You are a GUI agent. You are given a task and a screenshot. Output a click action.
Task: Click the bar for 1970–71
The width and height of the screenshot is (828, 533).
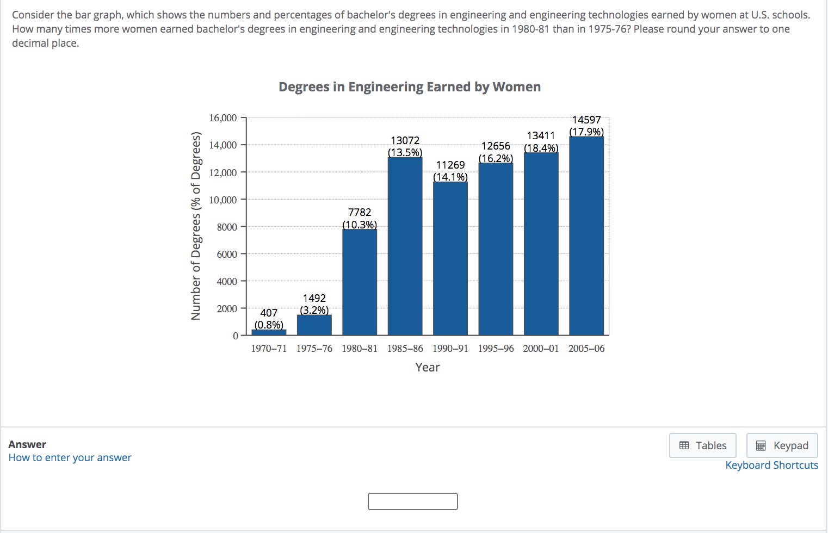(x=269, y=332)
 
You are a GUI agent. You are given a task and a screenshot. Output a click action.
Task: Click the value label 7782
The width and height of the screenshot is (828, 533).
(x=360, y=212)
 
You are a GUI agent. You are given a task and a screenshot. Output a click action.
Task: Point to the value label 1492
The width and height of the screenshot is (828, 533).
(x=314, y=298)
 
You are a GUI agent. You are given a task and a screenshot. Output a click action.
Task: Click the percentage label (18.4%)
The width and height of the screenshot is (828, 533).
(x=541, y=148)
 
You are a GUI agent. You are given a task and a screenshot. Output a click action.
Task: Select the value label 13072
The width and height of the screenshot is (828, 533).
(x=405, y=140)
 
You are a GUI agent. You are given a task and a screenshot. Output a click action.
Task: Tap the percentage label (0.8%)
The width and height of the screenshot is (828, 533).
(x=269, y=325)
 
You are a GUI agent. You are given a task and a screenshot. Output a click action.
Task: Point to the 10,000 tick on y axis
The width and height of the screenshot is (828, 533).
(x=223, y=200)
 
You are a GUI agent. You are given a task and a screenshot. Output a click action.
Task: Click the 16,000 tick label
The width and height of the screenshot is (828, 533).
(x=223, y=118)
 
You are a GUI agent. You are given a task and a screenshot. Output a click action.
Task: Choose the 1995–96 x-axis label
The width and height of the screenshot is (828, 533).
(x=496, y=349)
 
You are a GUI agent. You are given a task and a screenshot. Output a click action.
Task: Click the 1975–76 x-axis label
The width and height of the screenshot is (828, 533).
(x=314, y=349)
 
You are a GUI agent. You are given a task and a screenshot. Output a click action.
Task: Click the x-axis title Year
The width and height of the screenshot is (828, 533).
(x=428, y=367)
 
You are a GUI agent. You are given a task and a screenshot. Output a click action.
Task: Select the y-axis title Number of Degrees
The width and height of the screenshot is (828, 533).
(x=196, y=226)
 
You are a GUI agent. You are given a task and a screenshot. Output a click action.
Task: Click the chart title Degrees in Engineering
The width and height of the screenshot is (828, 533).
(x=410, y=87)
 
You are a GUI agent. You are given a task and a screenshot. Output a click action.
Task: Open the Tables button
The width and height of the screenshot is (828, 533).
(x=703, y=445)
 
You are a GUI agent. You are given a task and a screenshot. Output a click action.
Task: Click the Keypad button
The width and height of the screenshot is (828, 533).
(x=782, y=445)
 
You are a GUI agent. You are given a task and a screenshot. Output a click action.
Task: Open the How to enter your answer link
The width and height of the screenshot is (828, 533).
(x=70, y=457)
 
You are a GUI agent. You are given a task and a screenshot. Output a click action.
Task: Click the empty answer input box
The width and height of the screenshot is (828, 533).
(x=413, y=501)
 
